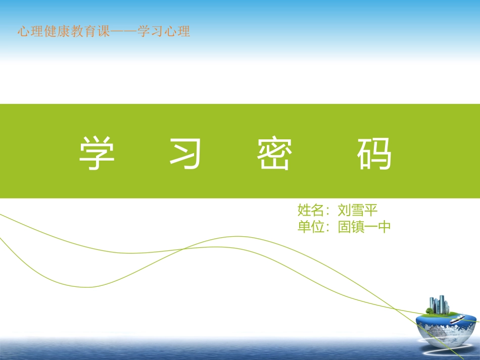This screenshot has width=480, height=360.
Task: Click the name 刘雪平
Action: [x=358, y=210]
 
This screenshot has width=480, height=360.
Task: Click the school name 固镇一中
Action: [x=365, y=227]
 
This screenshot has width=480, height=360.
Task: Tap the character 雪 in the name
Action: [x=358, y=210]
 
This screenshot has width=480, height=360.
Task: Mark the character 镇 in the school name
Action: [x=358, y=227]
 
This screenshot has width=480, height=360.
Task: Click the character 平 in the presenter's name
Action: [x=371, y=210]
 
